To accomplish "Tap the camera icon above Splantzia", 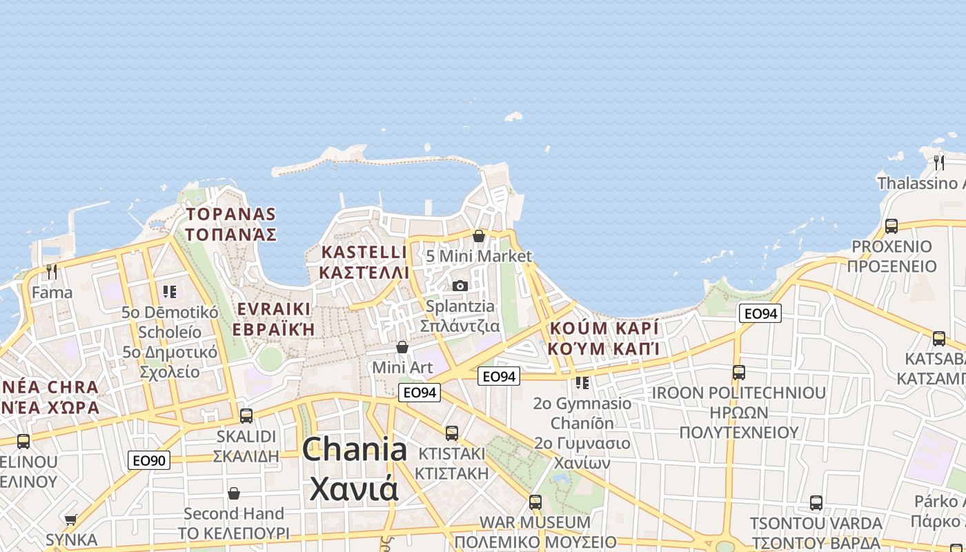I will coord(460,286).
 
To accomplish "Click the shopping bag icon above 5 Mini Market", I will coord(479,236).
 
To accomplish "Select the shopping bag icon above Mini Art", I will coord(402,347).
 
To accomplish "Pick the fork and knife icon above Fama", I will coord(52,272).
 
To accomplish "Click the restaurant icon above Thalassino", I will coord(939,163).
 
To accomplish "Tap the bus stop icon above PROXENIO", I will coord(891,226).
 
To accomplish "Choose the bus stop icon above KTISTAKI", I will coord(452,433).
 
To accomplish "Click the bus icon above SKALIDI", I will coord(246,416).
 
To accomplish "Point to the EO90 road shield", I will coord(149,460).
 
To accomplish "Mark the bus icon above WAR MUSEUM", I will coord(535,502).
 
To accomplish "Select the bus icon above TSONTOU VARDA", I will coord(816,503).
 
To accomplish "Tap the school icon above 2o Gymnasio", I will coord(582,382).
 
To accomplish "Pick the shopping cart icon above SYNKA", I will coord(71,519).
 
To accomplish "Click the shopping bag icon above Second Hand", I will coord(234,493).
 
